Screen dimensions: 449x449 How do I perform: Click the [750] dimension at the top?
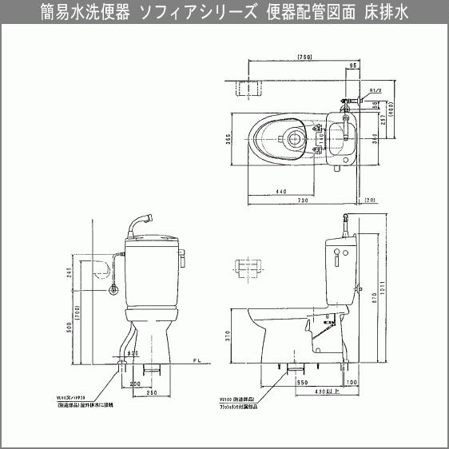(303, 58)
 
